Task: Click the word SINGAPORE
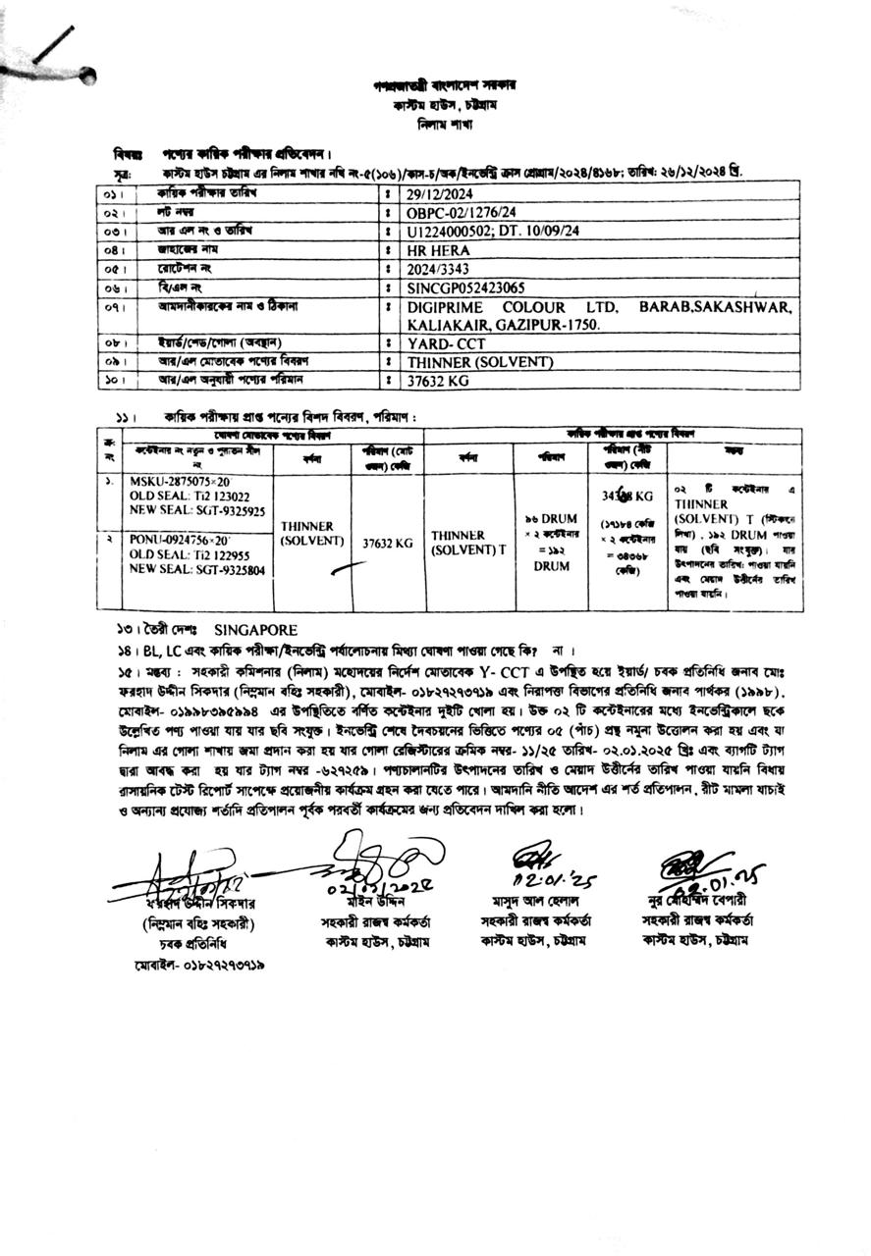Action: pos(255,630)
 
